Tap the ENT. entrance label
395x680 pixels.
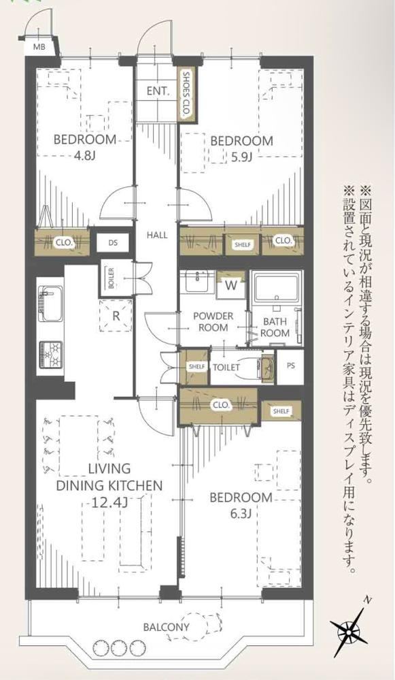tap(158, 91)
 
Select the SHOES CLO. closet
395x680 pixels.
tap(186, 94)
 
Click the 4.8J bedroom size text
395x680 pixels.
tap(84, 156)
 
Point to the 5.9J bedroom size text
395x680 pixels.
tap(241, 157)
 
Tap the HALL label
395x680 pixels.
tap(157, 236)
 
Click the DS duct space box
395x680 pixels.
tap(113, 242)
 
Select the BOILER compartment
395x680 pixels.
tap(111, 278)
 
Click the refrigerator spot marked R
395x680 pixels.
tap(116, 316)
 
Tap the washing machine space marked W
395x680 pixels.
tap(231, 286)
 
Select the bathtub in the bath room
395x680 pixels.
tap(276, 287)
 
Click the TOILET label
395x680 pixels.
tap(226, 368)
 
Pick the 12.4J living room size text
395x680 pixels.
tap(109, 502)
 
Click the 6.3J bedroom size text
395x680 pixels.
tap(241, 514)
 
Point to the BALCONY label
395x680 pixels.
tap(167, 627)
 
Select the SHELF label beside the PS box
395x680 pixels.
tap(281, 411)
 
